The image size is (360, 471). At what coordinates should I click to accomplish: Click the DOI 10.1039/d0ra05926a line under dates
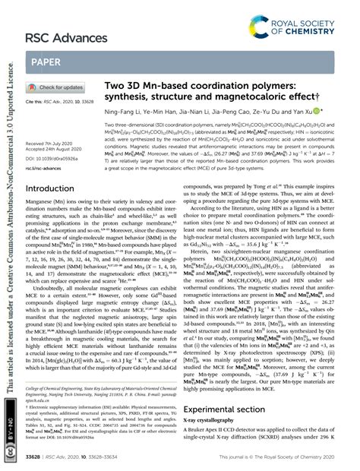click(55, 156)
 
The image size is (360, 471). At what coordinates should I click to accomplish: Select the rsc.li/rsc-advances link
click(47, 166)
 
